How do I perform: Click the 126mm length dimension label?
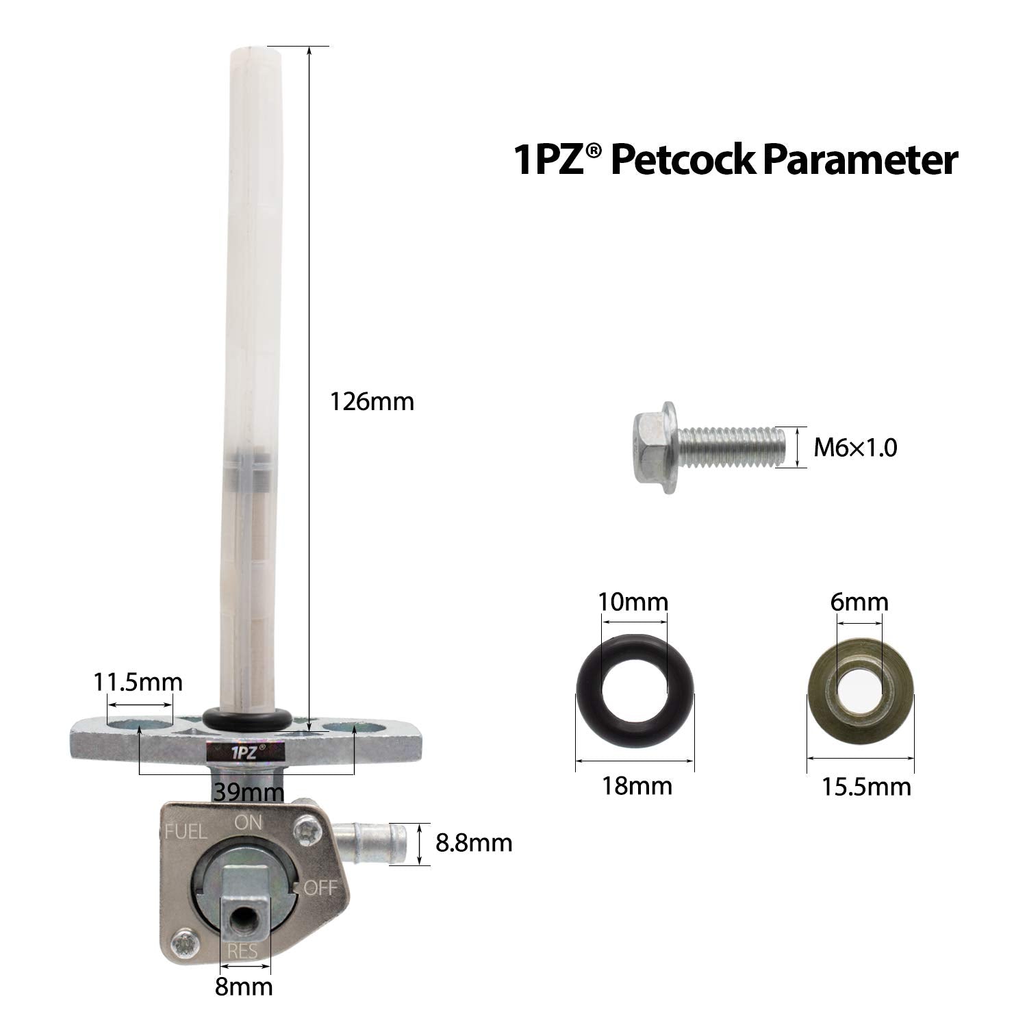[372, 401]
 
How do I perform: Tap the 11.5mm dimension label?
[138, 683]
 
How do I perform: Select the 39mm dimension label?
[248, 792]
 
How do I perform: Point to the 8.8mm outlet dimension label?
[474, 842]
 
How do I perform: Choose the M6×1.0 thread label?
[855, 448]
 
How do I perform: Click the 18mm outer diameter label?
[637, 786]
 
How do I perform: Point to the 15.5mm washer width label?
[866, 787]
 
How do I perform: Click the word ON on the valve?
[249, 822]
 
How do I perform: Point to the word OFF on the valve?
[320, 888]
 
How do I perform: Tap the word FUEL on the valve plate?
[186, 833]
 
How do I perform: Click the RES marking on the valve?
[242, 951]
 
